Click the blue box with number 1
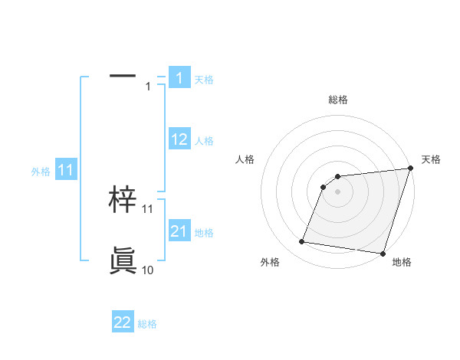tap(179, 77)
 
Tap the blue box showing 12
tap(179, 139)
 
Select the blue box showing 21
tap(179, 231)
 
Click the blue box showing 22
tap(122, 322)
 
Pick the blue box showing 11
tap(65, 170)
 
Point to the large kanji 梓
tap(123, 199)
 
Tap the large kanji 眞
tap(123, 260)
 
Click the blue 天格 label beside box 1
tap(204, 79)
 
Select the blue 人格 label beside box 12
tap(204, 141)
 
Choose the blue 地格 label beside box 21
tap(204, 233)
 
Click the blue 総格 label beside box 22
tap(147, 325)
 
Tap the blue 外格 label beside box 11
tap(41, 172)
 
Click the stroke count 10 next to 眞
tap(147, 270)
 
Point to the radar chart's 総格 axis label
tap(337, 100)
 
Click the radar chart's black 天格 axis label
tap(431, 159)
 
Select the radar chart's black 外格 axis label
tap(270, 262)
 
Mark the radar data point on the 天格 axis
tap(410, 169)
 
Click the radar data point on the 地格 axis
tap(383, 254)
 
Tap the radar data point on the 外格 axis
tap(302, 242)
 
